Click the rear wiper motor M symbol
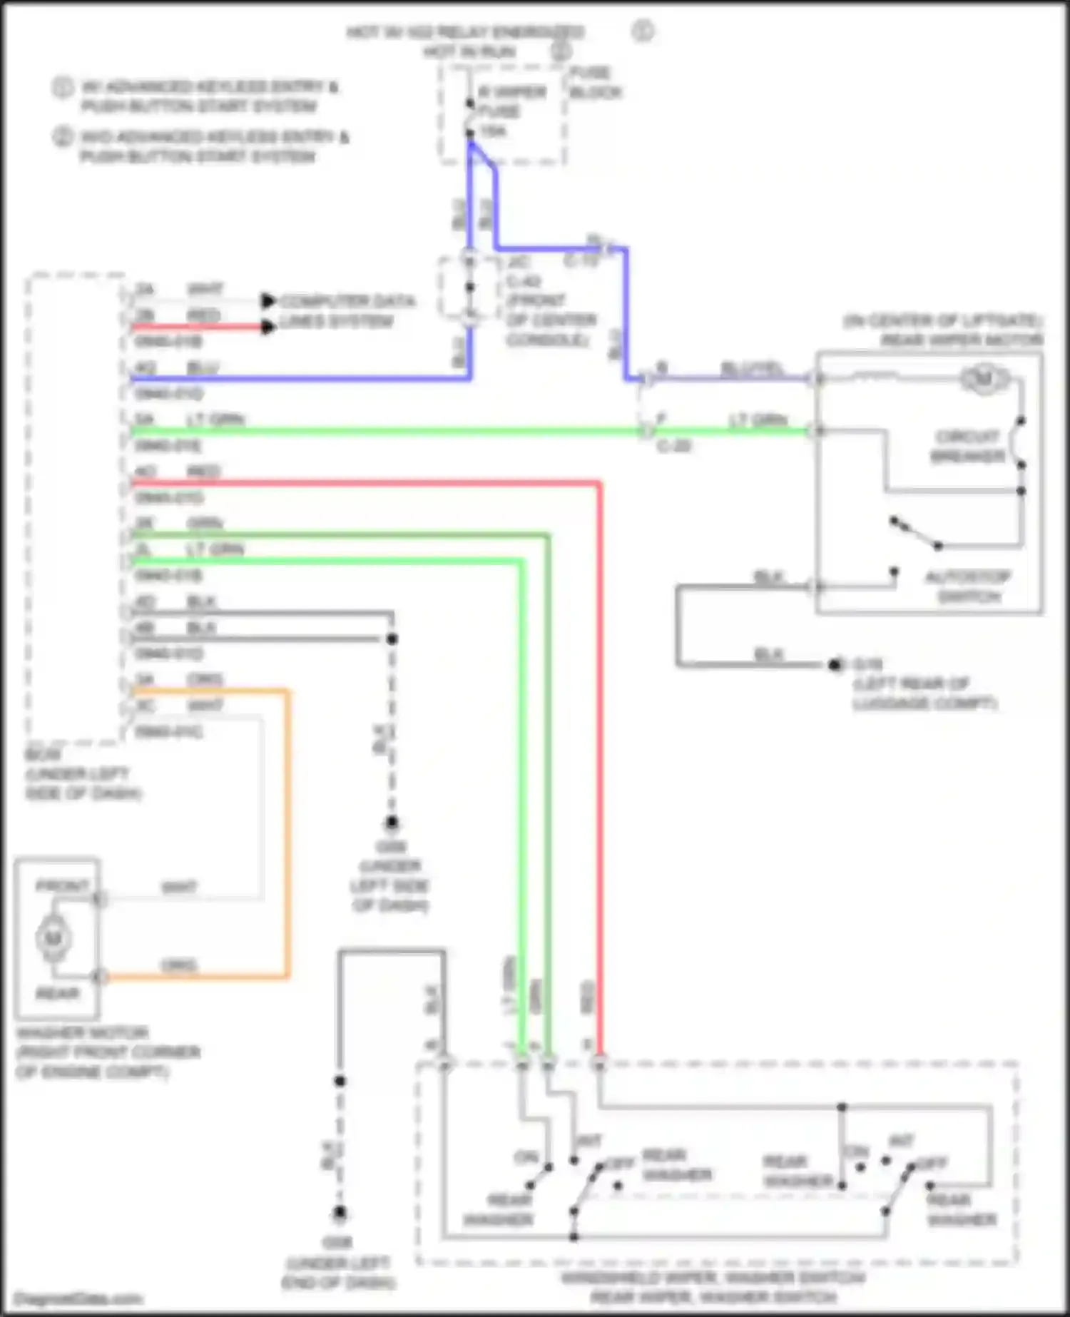(x=984, y=378)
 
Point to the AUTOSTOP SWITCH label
(x=967, y=586)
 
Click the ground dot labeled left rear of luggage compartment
(x=835, y=665)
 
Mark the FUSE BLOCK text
(x=595, y=82)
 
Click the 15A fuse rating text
(x=492, y=131)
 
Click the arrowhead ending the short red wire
(x=267, y=327)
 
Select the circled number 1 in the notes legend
(x=62, y=87)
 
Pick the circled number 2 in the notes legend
(x=62, y=136)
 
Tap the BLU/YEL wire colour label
(x=751, y=368)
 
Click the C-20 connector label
(x=673, y=447)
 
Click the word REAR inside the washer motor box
(x=58, y=993)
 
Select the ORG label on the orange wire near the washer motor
(x=178, y=965)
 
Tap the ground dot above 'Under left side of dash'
(x=392, y=823)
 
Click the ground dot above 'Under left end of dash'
(x=340, y=1213)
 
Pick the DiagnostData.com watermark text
(x=78, y=1298)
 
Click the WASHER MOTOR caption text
(x=82, y=1032)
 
